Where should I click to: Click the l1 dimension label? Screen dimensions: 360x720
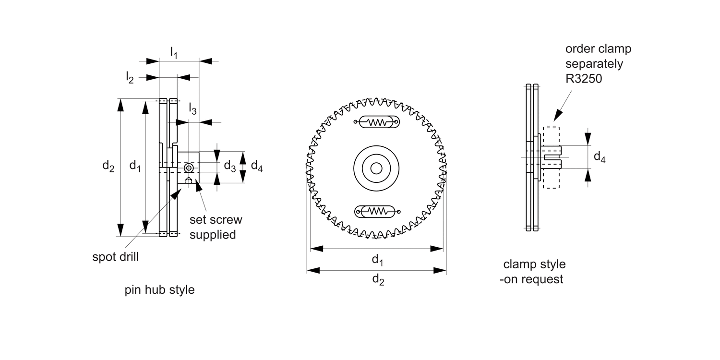(x=174, y=53)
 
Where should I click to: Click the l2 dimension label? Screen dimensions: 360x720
(x=130, y=77)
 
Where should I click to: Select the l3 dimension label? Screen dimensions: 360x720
(x=192, y=109)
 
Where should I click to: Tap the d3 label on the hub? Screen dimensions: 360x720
(x=230, y=167)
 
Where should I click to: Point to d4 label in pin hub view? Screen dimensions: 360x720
(x=257, y=167)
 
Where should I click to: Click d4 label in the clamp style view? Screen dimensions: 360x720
(x=600, y=156)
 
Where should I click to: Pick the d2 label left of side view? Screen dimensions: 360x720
(x=108, y=167)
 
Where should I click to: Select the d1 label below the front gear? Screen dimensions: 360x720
(x=377, y=260)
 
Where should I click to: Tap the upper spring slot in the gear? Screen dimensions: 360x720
(x=377, y=122)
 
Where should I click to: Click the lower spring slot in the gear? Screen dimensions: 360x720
(x=377, y=211)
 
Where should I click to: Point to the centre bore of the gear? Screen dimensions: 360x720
(x=377, y=168)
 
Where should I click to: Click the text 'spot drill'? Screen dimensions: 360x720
(x=115, y=257)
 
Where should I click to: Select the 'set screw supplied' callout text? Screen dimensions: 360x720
(x=216, y=227)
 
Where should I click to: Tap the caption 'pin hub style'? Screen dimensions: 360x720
(x=160, y=290)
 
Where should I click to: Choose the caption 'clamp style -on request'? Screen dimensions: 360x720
(x=533, y=272)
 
